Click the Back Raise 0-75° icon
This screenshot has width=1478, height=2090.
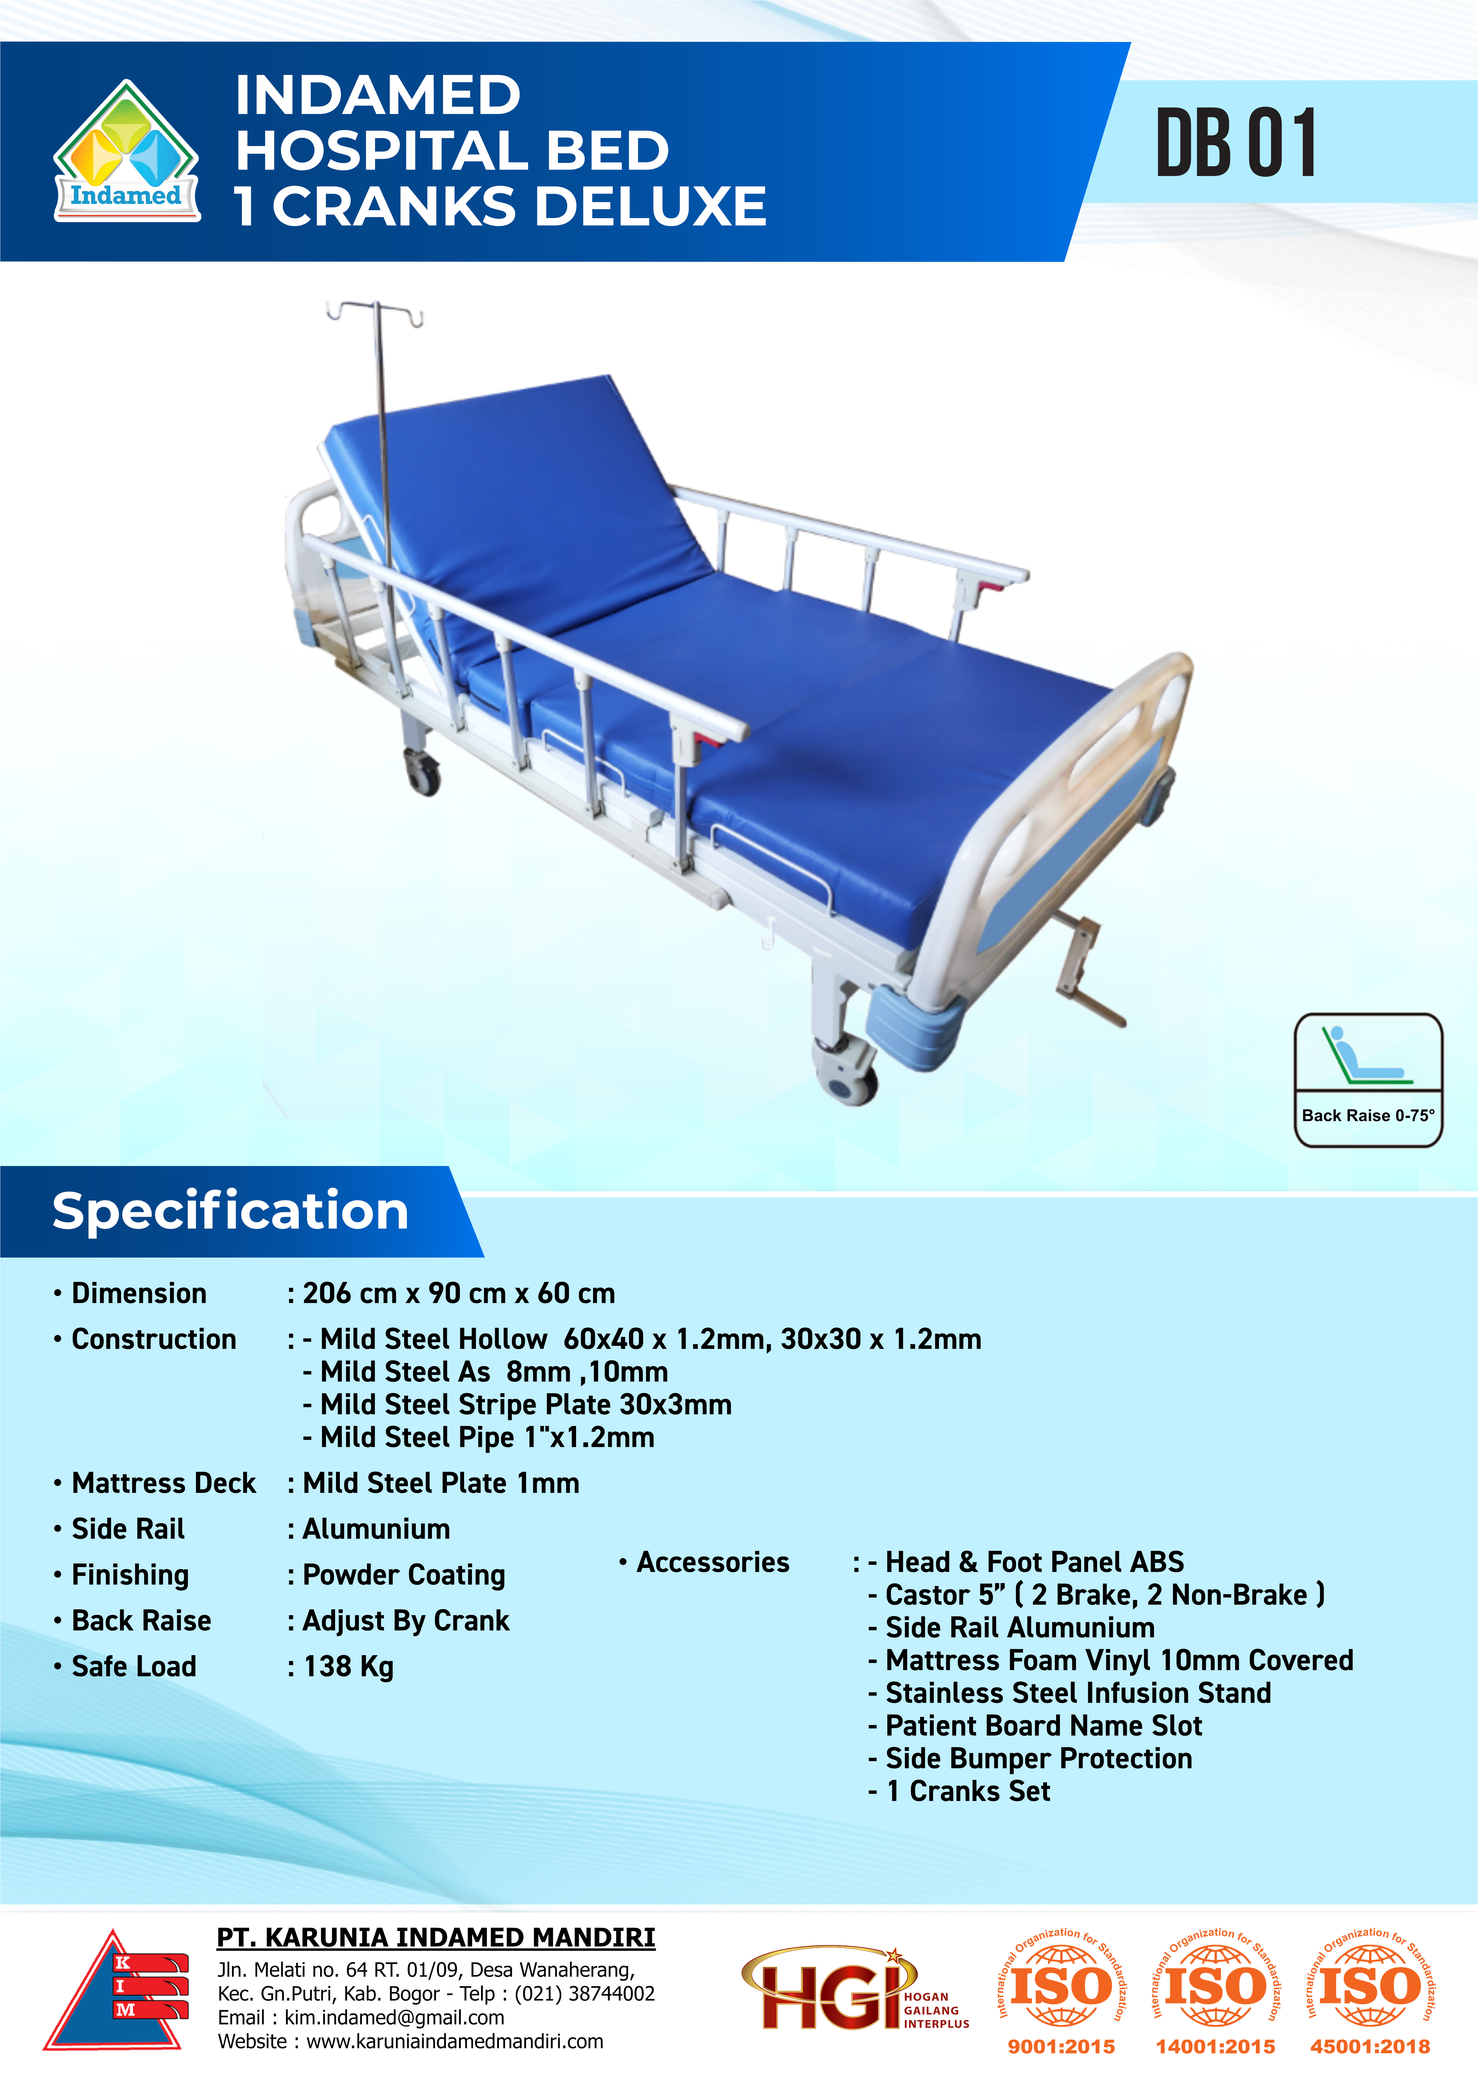1368,1080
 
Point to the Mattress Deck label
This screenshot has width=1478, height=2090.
164,1483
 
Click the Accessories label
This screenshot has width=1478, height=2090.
712,1562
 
